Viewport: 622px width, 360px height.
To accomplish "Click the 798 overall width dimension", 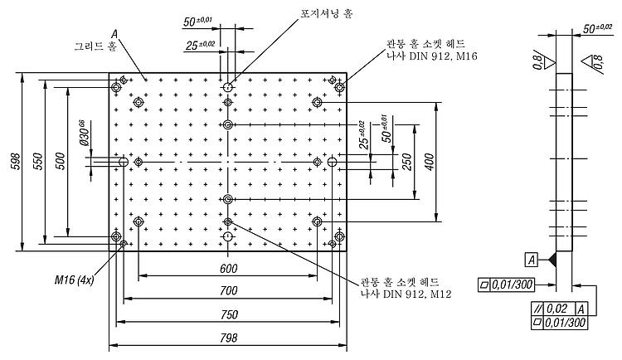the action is (229, 338).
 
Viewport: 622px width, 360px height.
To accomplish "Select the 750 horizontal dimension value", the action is (229, 314).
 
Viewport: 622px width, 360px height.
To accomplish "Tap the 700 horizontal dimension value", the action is (229, 291).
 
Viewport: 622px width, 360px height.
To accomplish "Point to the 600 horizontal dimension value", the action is (229, 269).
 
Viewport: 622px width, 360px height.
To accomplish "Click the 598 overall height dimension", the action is (16, 161).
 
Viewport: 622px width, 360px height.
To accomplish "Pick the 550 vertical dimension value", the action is (38, 161).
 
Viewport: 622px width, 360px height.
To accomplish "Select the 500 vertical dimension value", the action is (61, 161).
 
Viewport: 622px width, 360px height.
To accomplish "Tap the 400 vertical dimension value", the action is (429, 162).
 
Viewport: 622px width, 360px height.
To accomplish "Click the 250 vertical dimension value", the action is (406, 162).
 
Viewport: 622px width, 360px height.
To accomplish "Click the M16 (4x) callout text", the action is (74, 280).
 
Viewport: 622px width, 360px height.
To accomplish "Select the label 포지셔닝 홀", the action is (326, 14).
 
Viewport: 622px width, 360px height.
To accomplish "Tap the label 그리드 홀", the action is (95, 46).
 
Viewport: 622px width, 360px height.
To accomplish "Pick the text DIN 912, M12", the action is (417, 294).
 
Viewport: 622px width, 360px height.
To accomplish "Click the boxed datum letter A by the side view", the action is (532, 260).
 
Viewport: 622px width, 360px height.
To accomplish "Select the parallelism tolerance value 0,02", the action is (557, 309).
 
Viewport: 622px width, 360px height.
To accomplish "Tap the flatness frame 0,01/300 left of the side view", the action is (506, 285).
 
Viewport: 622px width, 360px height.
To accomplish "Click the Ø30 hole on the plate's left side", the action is (124, 162).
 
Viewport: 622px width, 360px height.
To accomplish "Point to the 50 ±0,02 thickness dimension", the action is (597, 28).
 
